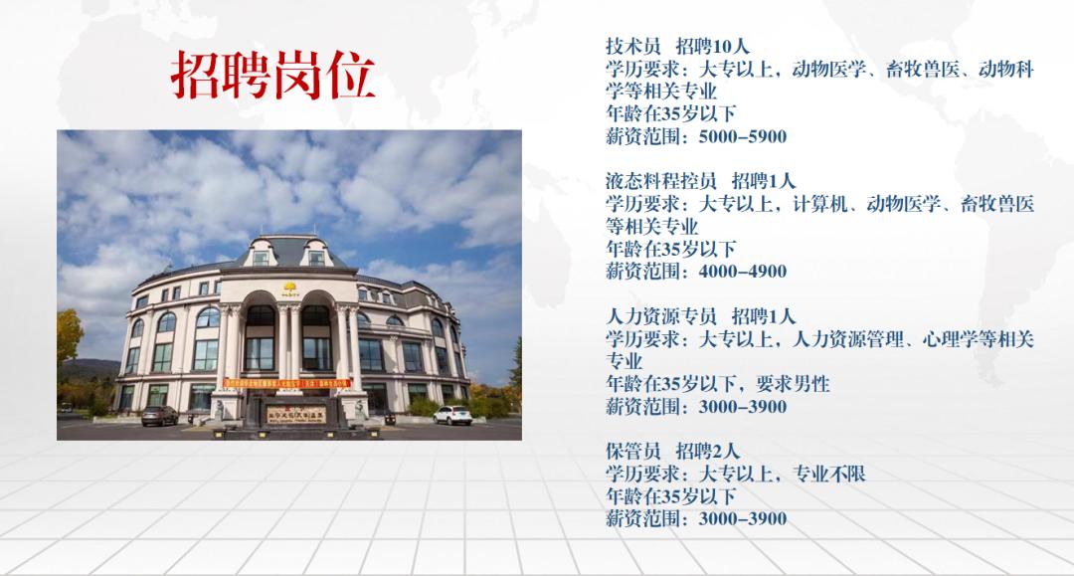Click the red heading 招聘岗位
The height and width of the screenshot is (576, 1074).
pos(272,76)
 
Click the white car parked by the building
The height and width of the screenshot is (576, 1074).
pos(452,415)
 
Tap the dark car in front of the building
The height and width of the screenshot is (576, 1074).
pos(159,415)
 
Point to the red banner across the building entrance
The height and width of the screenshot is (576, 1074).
pos(287,384)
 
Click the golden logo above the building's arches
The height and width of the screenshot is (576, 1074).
pos(289,287)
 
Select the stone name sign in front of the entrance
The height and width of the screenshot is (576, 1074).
pos(296,414)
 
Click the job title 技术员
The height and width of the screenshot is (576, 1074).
pos(632,47)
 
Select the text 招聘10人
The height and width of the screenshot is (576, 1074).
pos(712,47)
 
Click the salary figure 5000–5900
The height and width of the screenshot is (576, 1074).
pos(743,136)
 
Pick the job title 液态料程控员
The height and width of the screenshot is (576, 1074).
pos(661,181)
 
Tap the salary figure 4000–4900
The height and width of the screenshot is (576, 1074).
pos(743,272)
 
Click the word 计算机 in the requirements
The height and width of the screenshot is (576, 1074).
pos(819,204)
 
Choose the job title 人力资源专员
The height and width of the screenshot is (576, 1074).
pos(661,316)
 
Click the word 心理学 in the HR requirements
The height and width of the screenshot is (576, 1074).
pos(950,339)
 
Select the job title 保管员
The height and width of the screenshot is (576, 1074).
pos(632,452)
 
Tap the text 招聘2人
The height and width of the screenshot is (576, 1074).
pos(708,452)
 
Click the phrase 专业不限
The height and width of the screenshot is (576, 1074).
pos(828,474)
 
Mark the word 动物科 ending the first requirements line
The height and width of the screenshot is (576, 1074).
pos(1005,70)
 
